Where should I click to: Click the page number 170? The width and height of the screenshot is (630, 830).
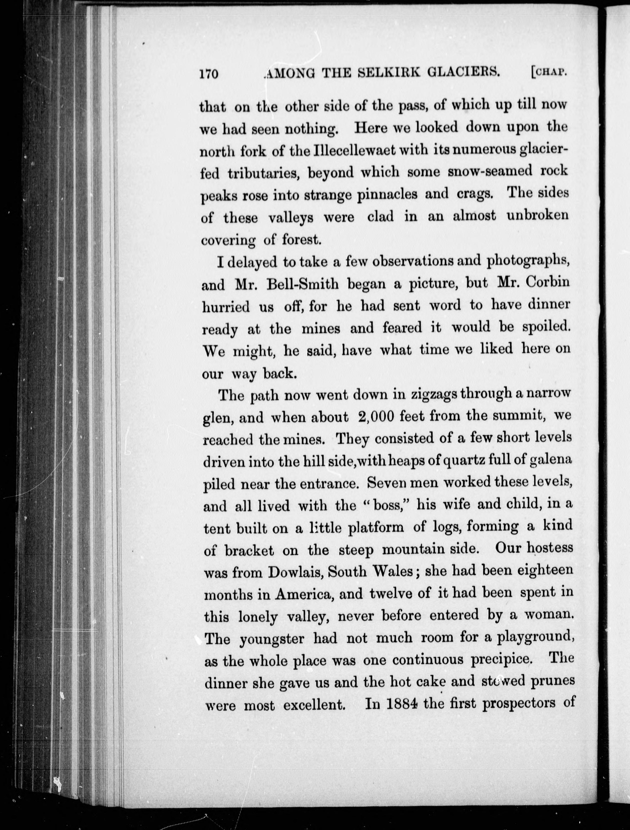[x=208, y=74]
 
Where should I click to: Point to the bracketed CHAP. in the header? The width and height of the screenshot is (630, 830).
[x=548, y=72]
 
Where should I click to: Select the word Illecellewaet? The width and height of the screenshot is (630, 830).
[x=364, y=150]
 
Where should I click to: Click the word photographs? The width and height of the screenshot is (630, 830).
[x=528, y=261]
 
